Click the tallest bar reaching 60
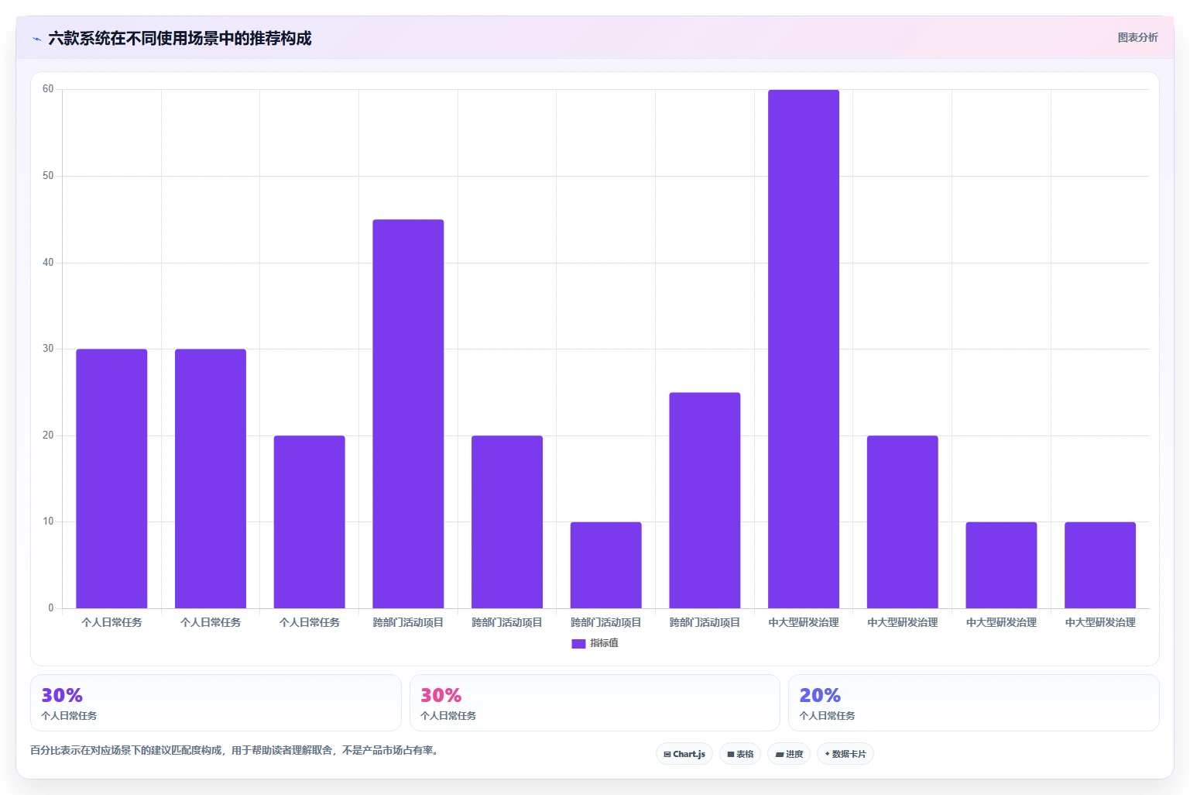803,349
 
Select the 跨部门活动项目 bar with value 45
408,414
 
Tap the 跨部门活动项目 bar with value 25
705,501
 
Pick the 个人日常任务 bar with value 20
309,522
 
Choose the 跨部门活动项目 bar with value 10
605,566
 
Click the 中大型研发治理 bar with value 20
902,522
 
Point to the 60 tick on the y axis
48,89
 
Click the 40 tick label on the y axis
48,262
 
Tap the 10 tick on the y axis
48,521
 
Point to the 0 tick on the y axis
51,607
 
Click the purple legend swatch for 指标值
578,643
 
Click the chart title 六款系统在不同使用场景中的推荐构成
180,38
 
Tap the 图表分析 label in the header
1137,38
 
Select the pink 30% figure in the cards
441,695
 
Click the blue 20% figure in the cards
820,695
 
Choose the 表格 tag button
740,754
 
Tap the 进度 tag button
789,754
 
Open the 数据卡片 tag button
845,754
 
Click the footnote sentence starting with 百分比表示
235,750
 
